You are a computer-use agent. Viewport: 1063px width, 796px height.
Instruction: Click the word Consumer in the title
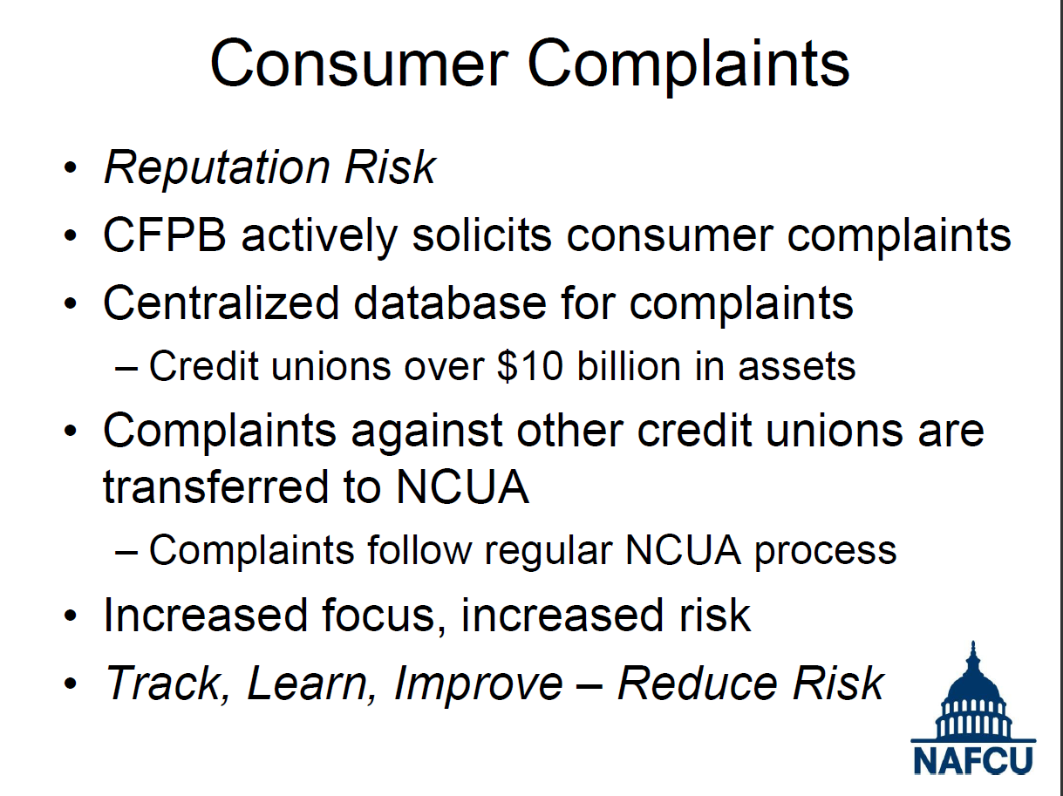pos(359,64)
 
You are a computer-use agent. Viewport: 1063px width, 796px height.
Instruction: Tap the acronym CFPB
pos(165,235)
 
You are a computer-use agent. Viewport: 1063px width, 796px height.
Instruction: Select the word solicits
pos(482,235)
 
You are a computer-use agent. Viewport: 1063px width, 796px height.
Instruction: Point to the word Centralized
pos(221,303)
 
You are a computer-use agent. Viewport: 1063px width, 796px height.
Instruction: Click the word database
pos(450,303)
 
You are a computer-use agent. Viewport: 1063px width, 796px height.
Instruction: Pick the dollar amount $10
pos(530,366)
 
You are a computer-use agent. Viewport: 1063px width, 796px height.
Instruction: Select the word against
pos(426,432)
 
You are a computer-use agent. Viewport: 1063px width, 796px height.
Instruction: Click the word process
pos(825,553)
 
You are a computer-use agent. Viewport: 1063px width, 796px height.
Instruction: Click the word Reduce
pos(698,684)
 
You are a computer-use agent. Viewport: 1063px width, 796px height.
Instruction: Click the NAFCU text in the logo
pos(972,761)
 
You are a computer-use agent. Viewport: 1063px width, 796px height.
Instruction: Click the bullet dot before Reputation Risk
pos(71,168)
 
